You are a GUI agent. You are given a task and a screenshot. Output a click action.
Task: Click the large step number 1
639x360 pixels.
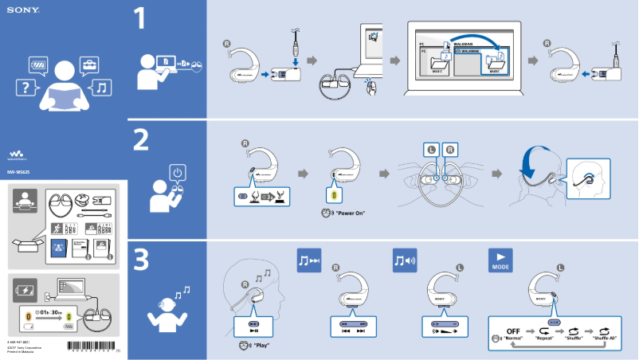pos(140,19)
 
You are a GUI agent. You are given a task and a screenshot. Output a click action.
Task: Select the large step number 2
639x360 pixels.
pos(141,139)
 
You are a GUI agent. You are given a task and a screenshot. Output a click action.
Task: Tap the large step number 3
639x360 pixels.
pos(141,260)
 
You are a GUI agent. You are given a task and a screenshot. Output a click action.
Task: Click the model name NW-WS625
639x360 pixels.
pos(19,172)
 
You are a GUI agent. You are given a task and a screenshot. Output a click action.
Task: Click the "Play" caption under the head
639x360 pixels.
pos(260,346)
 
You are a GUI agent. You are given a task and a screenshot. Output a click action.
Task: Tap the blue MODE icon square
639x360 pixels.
pos(500,260)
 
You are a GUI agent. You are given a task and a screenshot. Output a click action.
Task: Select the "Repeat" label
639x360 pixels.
pos(544,338)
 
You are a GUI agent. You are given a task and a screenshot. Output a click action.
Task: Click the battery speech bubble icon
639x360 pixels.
pos(38,63)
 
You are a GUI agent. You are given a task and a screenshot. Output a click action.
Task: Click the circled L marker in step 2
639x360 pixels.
pos(431,149)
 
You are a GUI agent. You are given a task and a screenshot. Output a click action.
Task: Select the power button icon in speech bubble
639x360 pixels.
pos(178,172)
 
